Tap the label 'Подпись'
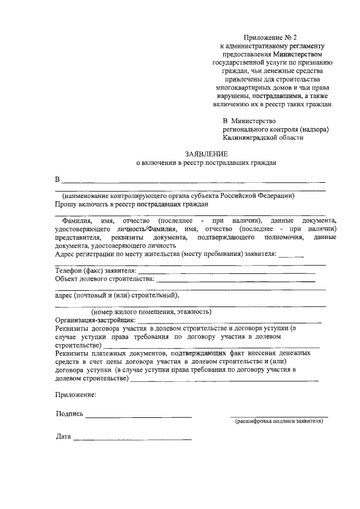click(x=70, y=414)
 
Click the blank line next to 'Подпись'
click(x=138, y=416)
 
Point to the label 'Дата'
click(x=63, y=436)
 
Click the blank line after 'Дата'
click(x=132, y=439)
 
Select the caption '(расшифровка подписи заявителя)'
click(x=280, y=421)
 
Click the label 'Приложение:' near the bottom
click(x=75, y=394)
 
